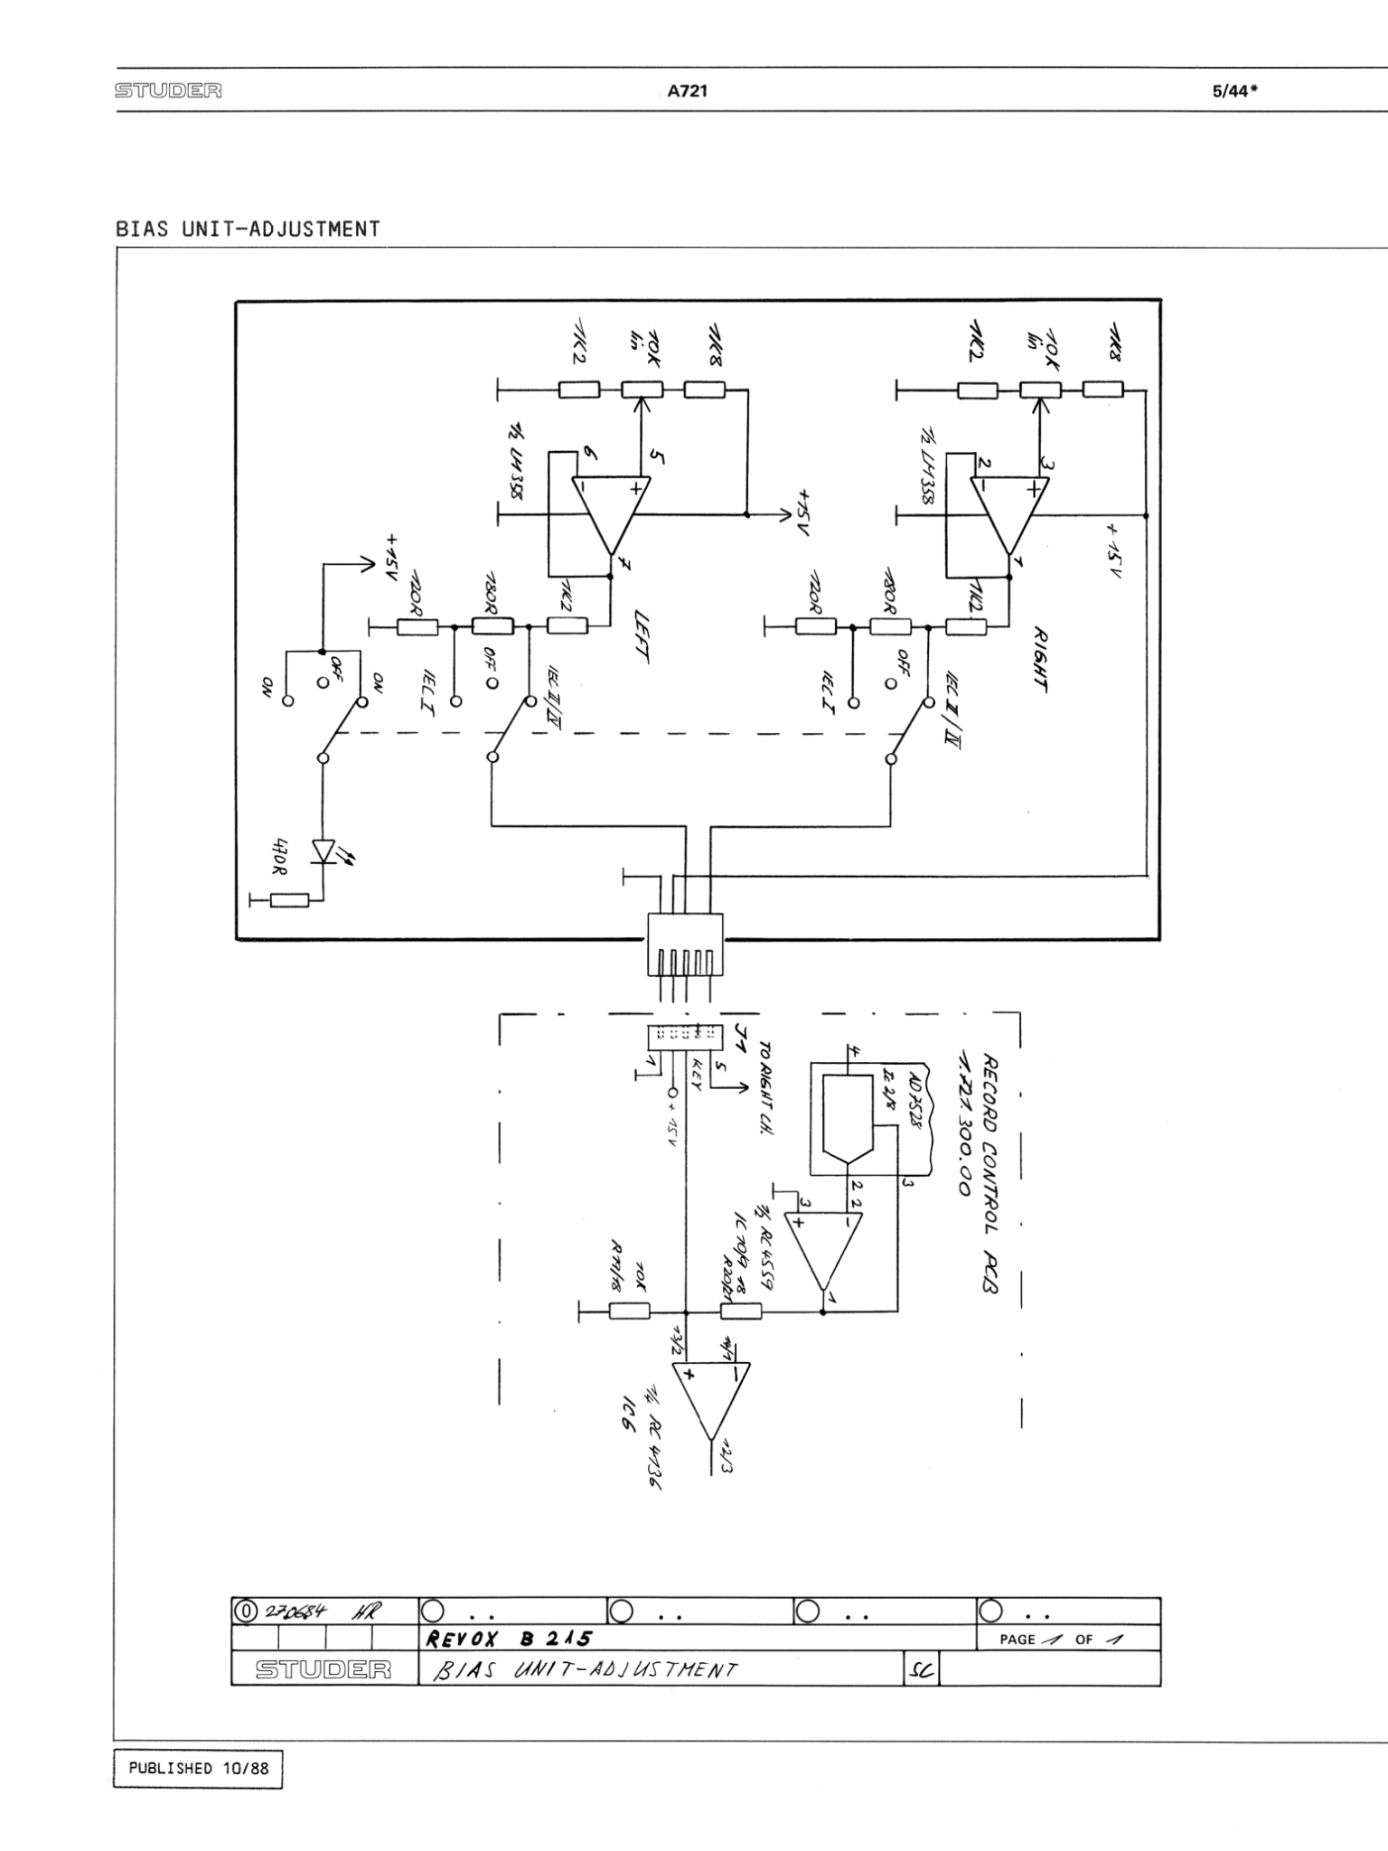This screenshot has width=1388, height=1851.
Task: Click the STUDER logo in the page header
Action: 169,91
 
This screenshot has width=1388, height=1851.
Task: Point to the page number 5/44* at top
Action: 1235,91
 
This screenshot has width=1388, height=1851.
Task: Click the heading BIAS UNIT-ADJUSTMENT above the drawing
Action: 248,229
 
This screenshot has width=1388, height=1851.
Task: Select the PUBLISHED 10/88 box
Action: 198,1768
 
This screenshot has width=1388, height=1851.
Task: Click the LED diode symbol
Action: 323,850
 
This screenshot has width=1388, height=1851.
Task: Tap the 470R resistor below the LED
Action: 289,899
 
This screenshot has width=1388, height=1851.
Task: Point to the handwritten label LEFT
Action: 642,637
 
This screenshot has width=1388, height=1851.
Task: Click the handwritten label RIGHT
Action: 1040,659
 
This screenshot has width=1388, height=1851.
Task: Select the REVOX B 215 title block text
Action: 508,1640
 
